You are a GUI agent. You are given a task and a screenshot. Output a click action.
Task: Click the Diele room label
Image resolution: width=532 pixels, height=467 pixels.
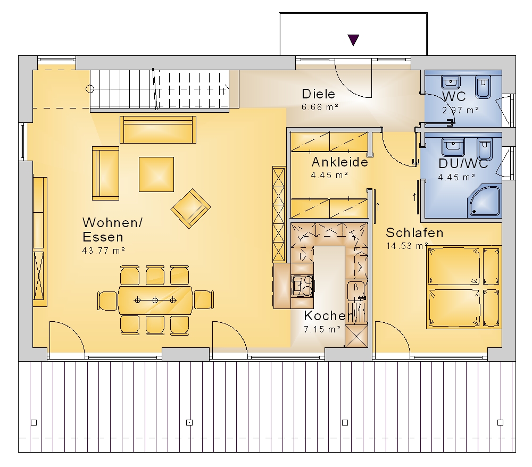(318, 94)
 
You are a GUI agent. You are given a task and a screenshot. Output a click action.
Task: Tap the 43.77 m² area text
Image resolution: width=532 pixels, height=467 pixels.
(104, 251)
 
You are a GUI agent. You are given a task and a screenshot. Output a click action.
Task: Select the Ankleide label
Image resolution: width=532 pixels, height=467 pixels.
(339, 162)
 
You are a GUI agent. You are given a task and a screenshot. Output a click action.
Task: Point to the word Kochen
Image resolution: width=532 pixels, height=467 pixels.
(329, 316)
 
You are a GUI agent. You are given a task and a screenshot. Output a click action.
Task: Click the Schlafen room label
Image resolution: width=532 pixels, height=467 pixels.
(414, 233)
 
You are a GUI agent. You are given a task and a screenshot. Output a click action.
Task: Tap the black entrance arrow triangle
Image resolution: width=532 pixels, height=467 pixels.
(353, 40)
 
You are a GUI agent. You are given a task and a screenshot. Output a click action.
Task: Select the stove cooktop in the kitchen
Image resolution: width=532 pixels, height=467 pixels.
(302, 286)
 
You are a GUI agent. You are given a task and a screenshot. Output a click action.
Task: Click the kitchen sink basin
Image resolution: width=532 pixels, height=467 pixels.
(355, 290)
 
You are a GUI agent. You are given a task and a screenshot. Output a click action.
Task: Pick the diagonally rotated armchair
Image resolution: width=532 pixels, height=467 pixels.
(190, 209)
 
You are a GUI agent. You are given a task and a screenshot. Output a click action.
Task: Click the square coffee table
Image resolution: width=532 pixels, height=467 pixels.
(156, 174)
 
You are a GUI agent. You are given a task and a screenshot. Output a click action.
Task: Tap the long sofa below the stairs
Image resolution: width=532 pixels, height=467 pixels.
(158, 130)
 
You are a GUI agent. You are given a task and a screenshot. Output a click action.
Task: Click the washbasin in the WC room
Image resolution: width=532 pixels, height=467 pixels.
(451, 82)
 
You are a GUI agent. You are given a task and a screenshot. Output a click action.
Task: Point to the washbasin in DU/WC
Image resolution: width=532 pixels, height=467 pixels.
(453, 147)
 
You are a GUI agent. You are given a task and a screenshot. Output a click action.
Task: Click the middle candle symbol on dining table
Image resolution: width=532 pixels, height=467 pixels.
(155, 300)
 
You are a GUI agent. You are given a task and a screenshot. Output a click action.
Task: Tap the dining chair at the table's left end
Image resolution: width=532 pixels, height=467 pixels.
(107, 300)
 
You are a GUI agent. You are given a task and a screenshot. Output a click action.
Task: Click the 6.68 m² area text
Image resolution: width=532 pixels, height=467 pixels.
(320, 107)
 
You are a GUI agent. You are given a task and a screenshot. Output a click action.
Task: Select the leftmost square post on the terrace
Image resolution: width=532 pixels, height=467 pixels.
(34, 422)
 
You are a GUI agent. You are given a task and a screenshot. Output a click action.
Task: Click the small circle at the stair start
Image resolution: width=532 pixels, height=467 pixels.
(90, 89)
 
